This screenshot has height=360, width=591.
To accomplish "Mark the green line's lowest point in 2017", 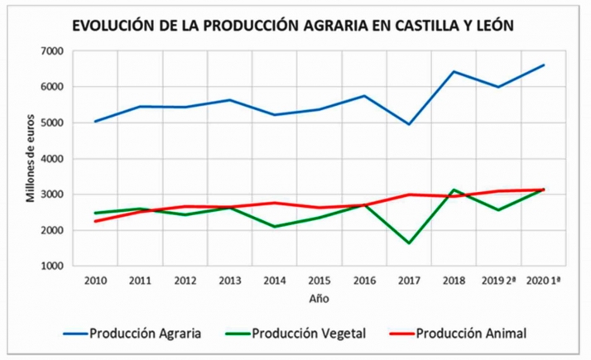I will point(408,243).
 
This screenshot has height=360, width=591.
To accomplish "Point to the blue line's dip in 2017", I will point(408,124).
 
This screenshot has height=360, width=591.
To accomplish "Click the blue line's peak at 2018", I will point(453,71).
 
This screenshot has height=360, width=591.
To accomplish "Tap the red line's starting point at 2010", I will point(96,221).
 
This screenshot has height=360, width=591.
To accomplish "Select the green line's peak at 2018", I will point(453,190).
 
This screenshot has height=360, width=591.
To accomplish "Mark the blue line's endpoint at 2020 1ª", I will point(543,65).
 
